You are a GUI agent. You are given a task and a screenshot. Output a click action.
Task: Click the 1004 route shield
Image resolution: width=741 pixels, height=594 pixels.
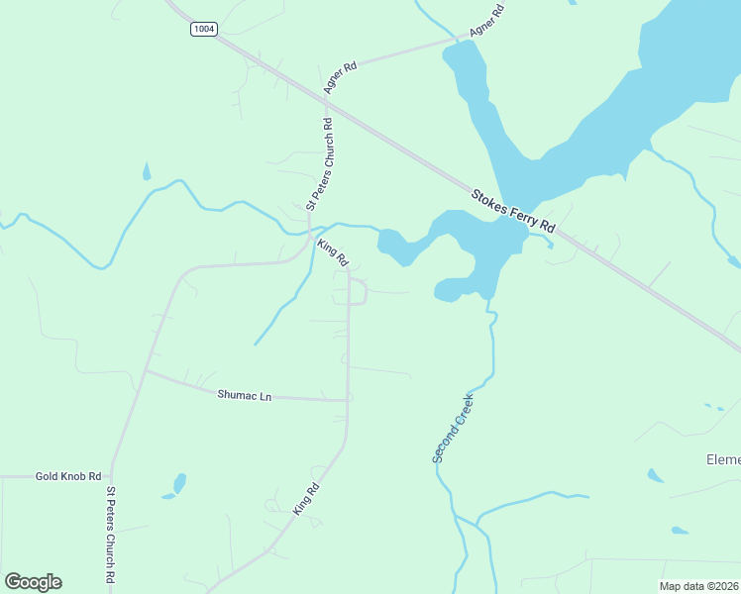[x=203, y=29]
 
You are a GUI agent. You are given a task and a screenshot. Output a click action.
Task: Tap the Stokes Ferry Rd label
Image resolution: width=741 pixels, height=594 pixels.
[x=513, y=212]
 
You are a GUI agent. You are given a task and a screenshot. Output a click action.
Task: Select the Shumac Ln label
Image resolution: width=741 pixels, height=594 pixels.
[x=244, y=395]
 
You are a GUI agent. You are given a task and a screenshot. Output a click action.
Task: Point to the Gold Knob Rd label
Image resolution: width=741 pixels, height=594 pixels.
[x=68, y=476]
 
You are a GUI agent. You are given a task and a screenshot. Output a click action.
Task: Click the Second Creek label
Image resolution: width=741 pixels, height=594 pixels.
[x=454, y=428]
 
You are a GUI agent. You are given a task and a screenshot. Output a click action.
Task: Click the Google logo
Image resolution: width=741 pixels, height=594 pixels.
[x=34, y=582]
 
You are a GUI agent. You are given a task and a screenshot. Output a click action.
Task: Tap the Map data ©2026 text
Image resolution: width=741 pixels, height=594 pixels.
[x=699, y=586]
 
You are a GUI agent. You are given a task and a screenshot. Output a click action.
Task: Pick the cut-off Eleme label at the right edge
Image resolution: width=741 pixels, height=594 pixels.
[x=722, y=460]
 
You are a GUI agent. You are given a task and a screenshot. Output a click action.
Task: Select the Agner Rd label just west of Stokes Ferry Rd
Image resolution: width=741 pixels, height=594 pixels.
[x=339, y=77]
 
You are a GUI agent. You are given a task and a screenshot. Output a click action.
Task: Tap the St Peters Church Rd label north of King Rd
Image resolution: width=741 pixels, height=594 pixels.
[x=321, y=164]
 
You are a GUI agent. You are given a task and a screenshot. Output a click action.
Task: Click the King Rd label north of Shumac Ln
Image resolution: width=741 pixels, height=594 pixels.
[x=333, y=252]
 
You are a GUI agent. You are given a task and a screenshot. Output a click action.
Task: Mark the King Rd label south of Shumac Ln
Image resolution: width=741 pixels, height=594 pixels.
[x=306, y=498]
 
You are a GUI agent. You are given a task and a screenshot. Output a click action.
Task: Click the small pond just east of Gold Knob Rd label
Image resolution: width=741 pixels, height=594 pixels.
[x=179, y=483]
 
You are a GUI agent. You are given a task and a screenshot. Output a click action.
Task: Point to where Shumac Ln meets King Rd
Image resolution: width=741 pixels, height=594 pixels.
[x=348, y=400]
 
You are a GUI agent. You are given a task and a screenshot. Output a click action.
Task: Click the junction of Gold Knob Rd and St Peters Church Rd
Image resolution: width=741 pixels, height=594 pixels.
[x=110, y=476]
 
